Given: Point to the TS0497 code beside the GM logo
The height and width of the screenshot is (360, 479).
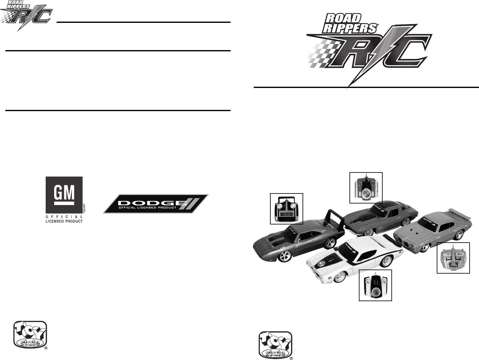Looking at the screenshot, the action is point(84,208).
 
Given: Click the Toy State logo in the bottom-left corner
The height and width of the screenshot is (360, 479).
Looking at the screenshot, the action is point(30,335).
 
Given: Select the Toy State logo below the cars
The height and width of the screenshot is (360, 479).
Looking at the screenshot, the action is point(275,345).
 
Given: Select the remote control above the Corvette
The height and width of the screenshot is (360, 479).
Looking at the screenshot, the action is point(366,188).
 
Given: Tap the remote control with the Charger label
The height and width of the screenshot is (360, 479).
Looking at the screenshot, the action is point(286,208).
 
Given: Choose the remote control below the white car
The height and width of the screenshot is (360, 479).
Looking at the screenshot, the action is point(375,285).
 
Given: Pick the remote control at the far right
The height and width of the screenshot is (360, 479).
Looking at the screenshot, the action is point(453,258).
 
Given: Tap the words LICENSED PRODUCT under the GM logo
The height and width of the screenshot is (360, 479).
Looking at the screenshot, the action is point(64,221).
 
